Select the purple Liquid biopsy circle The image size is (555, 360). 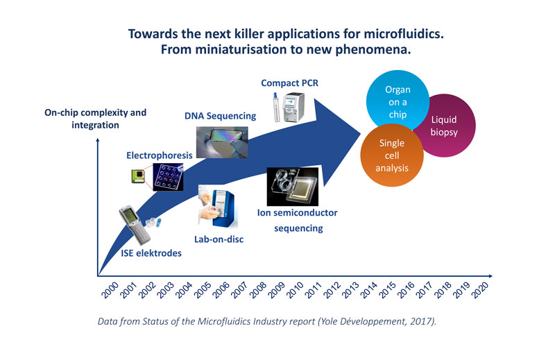click(x=445, y=126)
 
